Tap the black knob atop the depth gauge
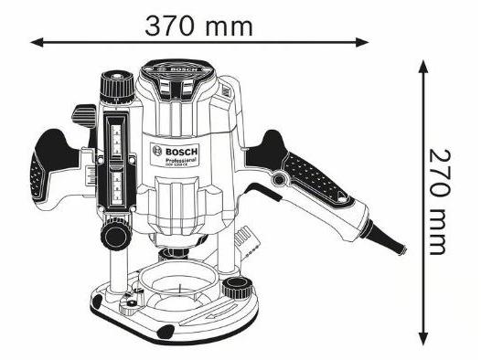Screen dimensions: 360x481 tap(116, 84)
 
